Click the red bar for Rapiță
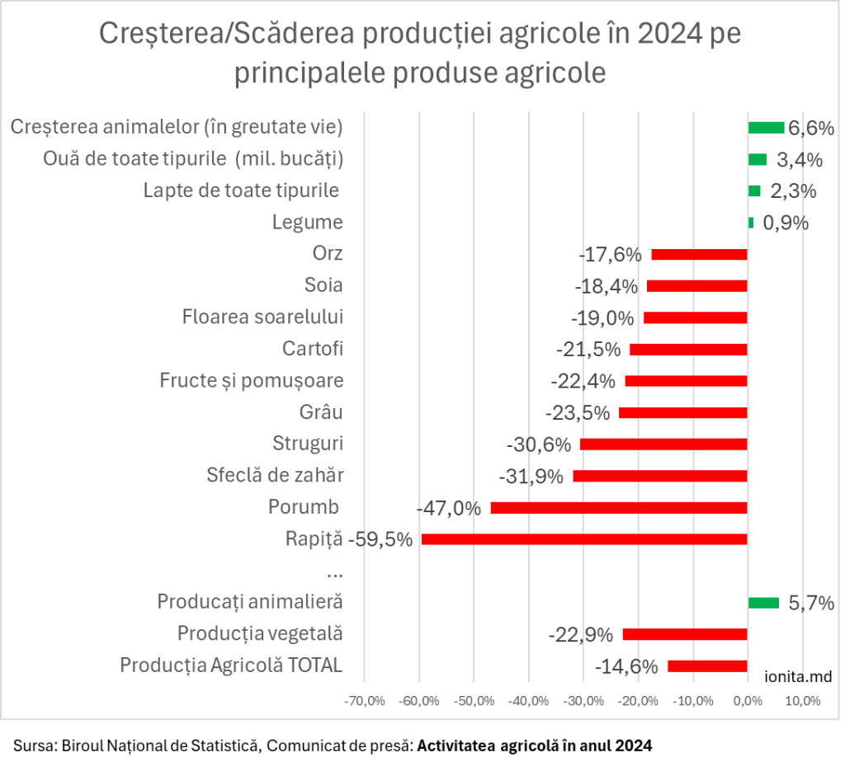pos(584,539)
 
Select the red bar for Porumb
pos(619,508)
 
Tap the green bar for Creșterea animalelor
pos(766,128)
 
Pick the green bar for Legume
pos(751,223)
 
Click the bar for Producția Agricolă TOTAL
pos(707,666)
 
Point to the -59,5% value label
pos(380,540)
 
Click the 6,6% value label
pos(811,129)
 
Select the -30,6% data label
pos(538,444)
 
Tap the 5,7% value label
pos(811,603)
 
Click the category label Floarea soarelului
pos(262,317)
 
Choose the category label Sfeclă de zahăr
pos(275,476)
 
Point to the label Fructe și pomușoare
pos(252,381)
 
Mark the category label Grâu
pos(321,412)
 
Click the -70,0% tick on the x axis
pos(365,702)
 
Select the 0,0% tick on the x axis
pos(747,702)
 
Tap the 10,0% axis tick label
pos(802,702)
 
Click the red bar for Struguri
pos(663,444)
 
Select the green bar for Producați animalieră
pos(763,603)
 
